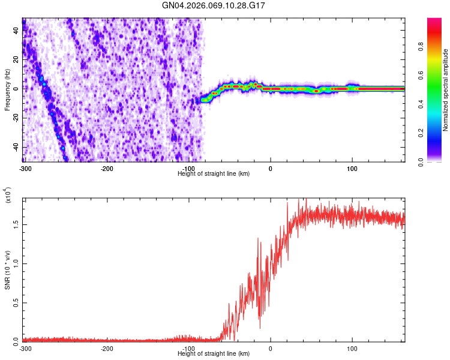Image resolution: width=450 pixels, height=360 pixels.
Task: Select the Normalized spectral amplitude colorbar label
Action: (446, 90)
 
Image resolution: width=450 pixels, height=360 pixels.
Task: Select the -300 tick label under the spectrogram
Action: (25, 169)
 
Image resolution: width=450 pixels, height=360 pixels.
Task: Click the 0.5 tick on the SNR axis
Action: (16, 302)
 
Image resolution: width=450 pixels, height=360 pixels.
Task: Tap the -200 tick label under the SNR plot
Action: (107, 348)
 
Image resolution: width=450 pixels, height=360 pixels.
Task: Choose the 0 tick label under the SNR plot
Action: (270, 348)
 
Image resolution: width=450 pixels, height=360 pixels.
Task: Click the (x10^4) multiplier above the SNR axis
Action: (8, 196)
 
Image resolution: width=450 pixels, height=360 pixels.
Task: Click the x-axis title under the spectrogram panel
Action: (214, 174)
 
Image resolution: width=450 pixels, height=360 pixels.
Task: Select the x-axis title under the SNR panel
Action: (214, 353)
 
